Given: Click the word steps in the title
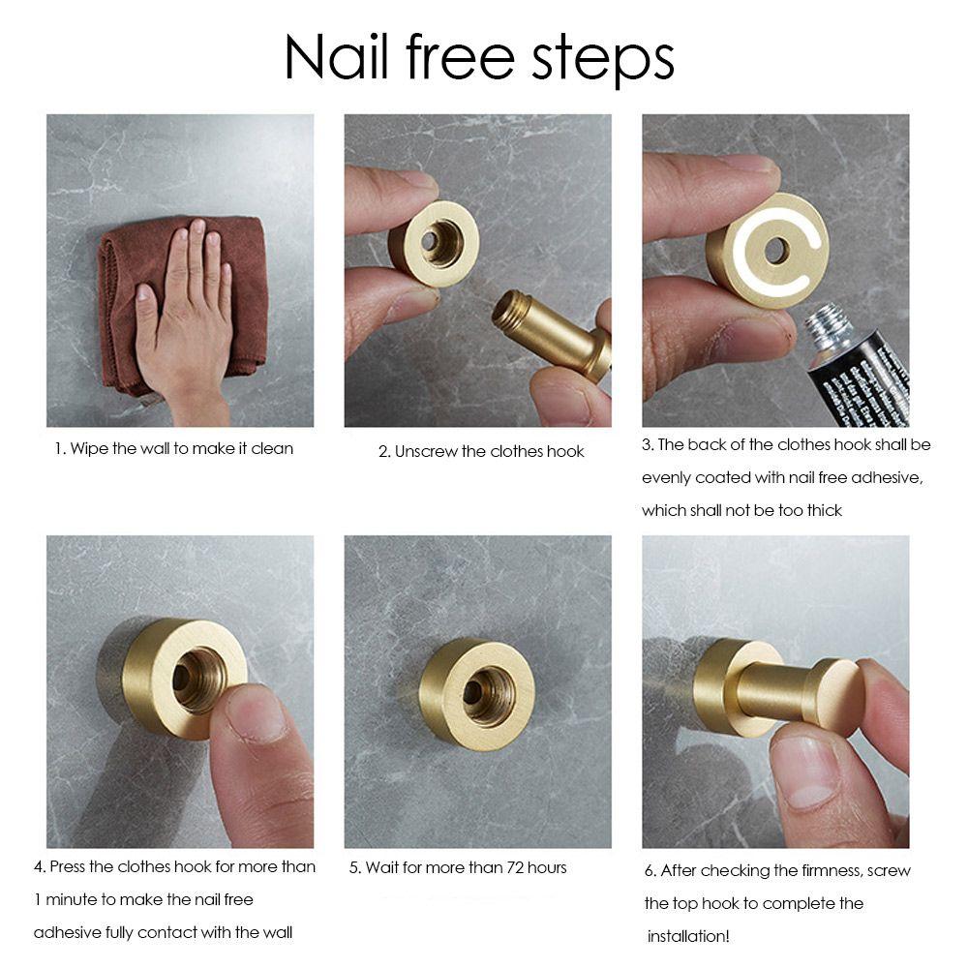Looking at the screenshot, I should pyautogui.click(x=602, y=60).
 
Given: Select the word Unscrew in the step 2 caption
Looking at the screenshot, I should pyautogui.click(x=425, y=452).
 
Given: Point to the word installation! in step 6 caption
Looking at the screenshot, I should pyautogui.click(x=688, y=937).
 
